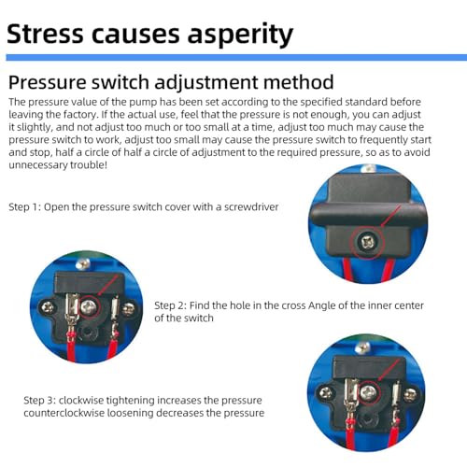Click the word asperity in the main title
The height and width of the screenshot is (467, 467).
pyautogui.click(x=240, y=35)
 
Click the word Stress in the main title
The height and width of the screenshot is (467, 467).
pyautogui.click(x=45, y=34)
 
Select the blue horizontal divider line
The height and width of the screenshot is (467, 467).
pyautogui.click(x=236, y=57)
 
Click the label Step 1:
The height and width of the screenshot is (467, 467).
pyautogui.click(x=25, y=207)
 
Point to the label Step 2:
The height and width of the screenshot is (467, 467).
pyautogui.click(x=170, y=305)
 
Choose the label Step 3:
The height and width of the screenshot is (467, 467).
pyautogui.click(x=39, y=400)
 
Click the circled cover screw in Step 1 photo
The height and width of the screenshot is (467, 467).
pyautogui.click(x=367, y=242)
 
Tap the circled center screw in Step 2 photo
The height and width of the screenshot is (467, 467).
pyautogui.click(x=88, y=306)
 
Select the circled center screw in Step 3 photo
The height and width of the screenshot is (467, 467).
pyautogui.click(x=368, y=394)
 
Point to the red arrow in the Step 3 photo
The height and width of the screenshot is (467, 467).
pyautogui.click(x=388, y=370)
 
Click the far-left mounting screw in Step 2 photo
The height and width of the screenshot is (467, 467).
pyautogui.click(x=48, y=308)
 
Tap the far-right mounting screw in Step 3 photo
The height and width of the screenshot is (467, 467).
pyautogui.click(x=411, y=395)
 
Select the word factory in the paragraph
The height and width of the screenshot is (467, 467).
pyautogui.click(x=80, y=115)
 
